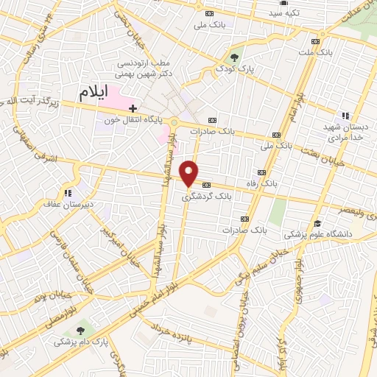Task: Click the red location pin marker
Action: (189, 173)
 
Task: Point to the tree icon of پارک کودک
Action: (234, 56)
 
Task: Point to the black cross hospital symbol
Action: (133, 108)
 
